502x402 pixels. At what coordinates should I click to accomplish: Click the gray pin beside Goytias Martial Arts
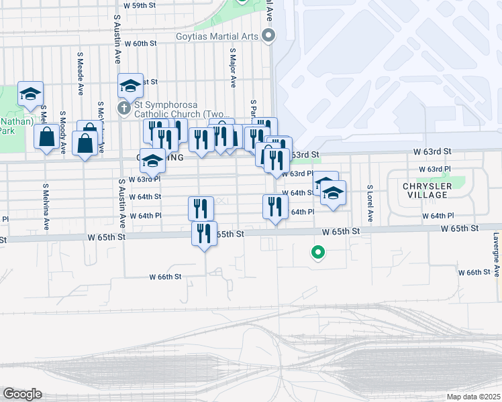pos(269,36)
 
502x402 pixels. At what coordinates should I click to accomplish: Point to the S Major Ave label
pos(233,68)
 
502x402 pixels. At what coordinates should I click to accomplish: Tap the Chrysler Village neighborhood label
pos(425,190)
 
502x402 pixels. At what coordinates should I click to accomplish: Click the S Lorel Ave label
pos(369,204)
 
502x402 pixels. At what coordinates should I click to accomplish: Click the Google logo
pos(22,394)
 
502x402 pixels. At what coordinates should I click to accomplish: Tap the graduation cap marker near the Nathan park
pos(30,94)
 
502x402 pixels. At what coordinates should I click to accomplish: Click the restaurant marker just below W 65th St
pos(204,234)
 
